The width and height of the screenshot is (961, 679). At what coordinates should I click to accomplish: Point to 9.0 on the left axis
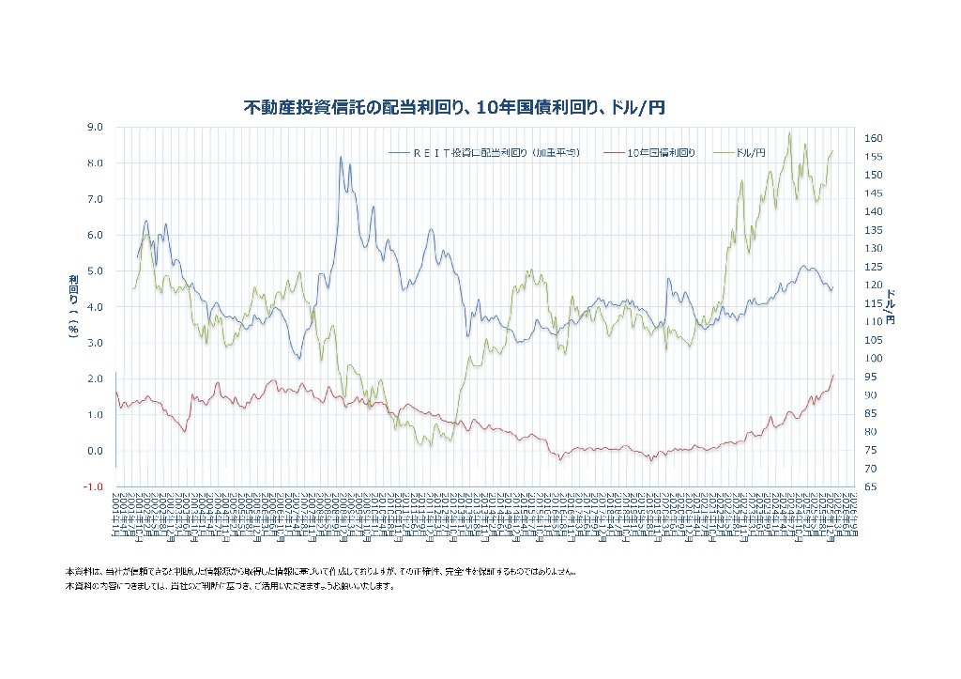(94, 127)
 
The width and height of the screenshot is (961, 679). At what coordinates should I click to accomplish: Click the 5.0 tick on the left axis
(94, 271)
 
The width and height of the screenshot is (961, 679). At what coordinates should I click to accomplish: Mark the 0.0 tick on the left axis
(94, 451)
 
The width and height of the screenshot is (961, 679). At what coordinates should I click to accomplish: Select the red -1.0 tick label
(92, 486)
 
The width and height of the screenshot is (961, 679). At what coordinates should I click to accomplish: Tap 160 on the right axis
(873, 139)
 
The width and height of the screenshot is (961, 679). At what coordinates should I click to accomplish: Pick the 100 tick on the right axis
(873, 359)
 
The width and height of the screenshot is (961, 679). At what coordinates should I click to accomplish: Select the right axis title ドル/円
(891, 306)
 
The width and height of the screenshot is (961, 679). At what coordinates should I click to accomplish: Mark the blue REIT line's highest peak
(341, 158)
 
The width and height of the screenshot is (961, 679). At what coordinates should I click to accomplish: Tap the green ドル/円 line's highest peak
(790, 132)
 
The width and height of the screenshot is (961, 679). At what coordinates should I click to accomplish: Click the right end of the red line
(833, 375)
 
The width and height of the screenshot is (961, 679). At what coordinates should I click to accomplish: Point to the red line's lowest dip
(649, 460)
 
